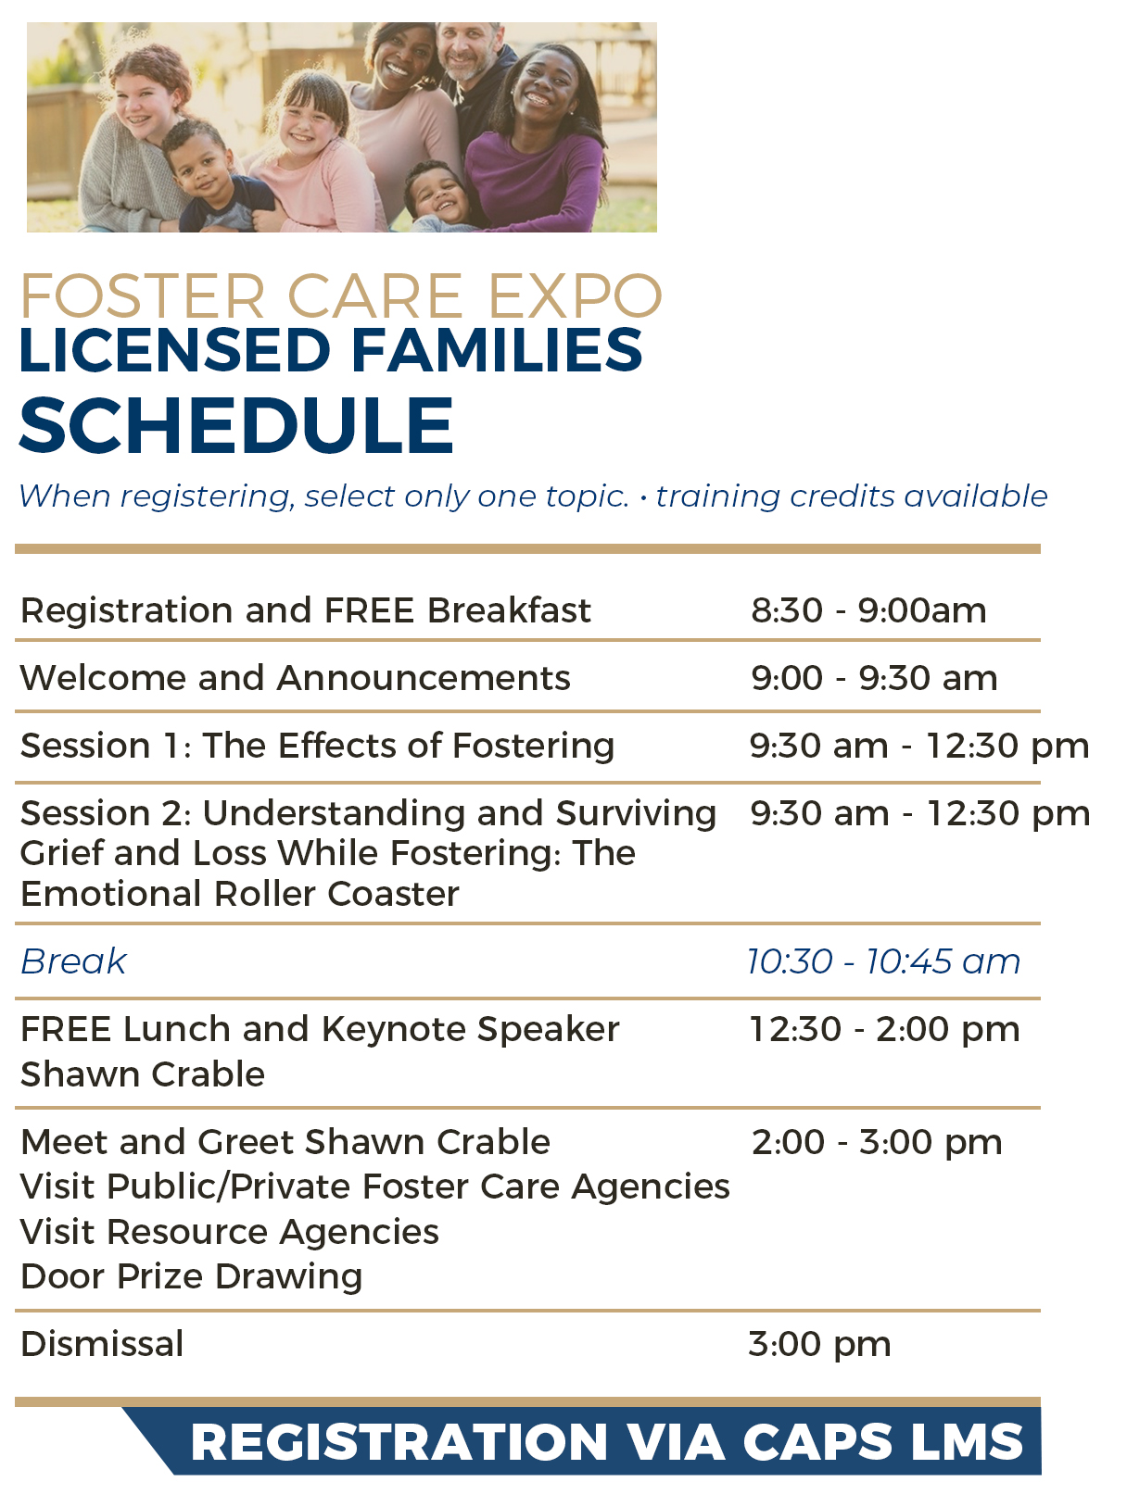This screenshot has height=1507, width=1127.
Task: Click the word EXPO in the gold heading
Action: tap(575, 296)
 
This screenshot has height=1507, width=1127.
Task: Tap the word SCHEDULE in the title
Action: tap(236, 426)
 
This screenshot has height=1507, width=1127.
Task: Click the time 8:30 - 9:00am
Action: tap(868, 610)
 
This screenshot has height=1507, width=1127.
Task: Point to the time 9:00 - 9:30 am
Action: tap(874, 678)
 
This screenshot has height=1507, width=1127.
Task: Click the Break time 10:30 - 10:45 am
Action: tap(883, 961)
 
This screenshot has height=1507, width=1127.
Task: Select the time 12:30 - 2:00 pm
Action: tap(884, 1029)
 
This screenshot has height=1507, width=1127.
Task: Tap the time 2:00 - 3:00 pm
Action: tap(877, 1142)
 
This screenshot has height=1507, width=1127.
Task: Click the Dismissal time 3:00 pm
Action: tap(819, 1344)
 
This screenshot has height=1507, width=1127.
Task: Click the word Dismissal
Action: tap(102, 1344)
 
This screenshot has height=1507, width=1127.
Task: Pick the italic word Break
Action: tap(73, 961)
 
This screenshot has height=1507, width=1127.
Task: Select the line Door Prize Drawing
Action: tap(191, 1276)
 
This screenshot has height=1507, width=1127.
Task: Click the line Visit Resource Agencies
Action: tap(230, 1232)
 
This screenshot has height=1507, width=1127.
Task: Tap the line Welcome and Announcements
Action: tap(295, 678)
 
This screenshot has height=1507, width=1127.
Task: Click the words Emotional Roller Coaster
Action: tap(240, 894)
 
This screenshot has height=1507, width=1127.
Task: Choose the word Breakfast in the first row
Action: tap(509, 610)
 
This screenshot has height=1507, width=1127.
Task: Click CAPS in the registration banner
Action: tap(817, 1442)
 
